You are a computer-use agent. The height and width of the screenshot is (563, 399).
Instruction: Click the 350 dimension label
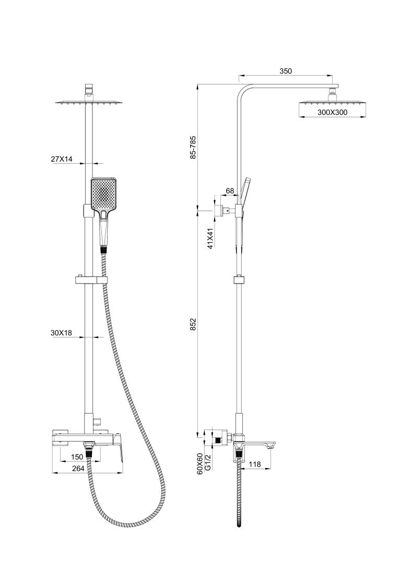[x=285, y=71]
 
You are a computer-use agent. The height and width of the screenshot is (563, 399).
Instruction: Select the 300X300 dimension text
[x=332, y=112]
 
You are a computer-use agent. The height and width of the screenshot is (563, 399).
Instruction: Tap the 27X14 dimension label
[x=62, y=160]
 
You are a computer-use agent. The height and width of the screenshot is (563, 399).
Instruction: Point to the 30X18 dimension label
[x=62, y=333]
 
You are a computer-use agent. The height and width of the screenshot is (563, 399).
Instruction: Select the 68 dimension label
[x=229, y=191]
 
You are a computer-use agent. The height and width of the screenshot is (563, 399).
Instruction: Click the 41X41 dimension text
[x=210, y=238]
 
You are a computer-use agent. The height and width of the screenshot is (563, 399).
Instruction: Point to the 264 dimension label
[x=78, y=469]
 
